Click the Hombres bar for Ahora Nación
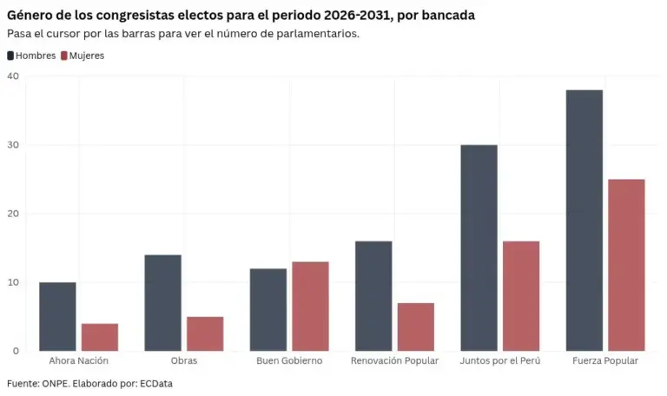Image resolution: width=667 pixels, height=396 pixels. [57, 316]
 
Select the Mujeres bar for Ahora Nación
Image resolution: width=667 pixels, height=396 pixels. [100, 337]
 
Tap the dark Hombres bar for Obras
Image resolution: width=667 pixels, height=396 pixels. [163, 303]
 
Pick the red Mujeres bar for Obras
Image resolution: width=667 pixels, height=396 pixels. [205, 333]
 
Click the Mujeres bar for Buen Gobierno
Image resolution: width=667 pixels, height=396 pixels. [311, 307]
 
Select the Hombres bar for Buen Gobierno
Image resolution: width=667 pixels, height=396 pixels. [268, 310]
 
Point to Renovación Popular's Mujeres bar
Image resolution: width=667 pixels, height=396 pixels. [416, 327]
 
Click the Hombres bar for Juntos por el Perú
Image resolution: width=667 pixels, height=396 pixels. [479, 248]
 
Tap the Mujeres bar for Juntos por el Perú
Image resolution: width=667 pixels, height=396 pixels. [521, 296]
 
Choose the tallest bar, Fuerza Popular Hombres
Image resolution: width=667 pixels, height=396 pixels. [584, 221]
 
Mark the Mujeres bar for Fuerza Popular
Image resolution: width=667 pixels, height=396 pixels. [626, 265]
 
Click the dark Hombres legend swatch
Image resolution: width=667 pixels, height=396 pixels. [10, 56]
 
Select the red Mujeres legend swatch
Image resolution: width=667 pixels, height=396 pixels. [64, 56]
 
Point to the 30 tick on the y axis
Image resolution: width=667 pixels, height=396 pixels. [13, 145]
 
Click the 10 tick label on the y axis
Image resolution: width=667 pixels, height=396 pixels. [13, 282]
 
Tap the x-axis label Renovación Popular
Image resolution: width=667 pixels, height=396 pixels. [395, 360]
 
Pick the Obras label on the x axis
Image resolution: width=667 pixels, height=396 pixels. [184, 360]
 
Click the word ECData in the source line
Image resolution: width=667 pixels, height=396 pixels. [156, 384]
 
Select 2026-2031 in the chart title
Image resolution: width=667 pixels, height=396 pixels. [356, 16]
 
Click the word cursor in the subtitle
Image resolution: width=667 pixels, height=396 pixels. [61, 34]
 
